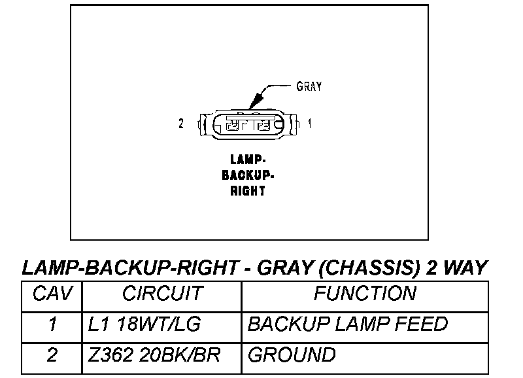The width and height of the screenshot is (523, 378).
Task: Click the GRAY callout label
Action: tap(309, 86)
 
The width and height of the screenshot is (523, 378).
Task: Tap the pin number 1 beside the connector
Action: tap(309, 123)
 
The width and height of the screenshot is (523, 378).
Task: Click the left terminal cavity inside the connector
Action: tap(234, 124)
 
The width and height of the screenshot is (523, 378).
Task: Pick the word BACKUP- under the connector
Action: tap(248, 175)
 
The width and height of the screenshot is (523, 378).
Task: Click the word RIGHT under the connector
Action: tap(248, 192)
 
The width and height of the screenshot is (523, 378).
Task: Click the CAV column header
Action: tap(51, 294)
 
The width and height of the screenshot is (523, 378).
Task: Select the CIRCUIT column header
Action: tap(161, 294)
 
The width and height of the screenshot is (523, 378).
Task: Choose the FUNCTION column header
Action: tap(364, 294)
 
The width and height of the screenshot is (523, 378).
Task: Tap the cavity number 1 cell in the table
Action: tap(52, 324)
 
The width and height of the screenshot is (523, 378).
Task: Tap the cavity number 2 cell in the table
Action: tap(52, 355)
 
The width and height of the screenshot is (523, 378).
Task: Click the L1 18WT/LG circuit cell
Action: tap(144, 324)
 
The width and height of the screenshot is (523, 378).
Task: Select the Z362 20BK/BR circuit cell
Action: tap(154, 355)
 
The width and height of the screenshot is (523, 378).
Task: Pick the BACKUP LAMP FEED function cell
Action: tap(348, 324)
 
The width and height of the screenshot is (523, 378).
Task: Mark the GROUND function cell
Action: tap(292, 355)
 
